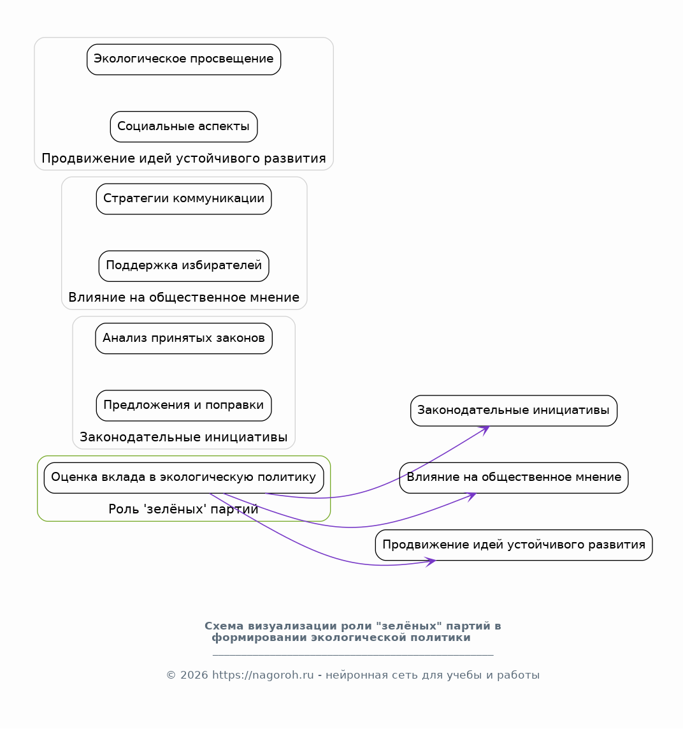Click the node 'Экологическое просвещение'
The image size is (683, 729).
coord(184,59)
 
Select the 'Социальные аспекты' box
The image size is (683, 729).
coord(184,126)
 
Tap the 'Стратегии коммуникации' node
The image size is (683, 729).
coord(184,199)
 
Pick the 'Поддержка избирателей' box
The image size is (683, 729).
coord(184,266)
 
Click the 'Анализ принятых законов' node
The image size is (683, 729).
coord(184,339)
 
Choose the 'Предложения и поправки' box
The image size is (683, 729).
coord(184,406)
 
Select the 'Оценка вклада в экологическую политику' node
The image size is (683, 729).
coord(184,478)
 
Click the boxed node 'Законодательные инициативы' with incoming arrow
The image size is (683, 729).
coord(514,411)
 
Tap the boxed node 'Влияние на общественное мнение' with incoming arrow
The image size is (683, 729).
coord(514,478)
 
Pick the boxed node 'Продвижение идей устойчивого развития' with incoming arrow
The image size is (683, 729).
coord(514,545)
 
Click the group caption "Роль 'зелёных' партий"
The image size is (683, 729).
coord(183,509)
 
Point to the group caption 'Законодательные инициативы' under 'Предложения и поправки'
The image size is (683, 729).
coord(183,437)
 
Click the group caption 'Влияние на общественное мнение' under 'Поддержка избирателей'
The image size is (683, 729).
coord(184,298)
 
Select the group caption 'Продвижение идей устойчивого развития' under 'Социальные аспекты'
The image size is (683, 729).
coord(184,159)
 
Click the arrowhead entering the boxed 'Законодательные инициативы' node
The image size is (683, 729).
coord(485,430)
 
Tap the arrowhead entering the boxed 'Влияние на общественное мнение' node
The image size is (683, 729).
coord(471,497)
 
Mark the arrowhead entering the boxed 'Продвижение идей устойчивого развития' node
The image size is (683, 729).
coord(431,562)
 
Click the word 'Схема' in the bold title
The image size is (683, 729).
coord(224,626)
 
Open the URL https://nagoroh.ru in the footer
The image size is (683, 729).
coord(262,675)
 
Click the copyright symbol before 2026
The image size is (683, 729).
coord(171,675)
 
